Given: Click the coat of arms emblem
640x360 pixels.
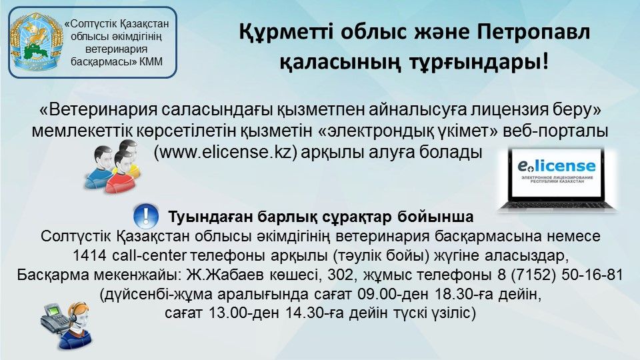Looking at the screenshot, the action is [37, 42].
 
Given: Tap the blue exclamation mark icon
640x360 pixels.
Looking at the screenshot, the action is [146, 216].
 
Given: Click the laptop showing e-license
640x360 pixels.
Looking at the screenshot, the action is [557, 179].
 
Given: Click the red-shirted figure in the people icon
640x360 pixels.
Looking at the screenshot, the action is [123, 172].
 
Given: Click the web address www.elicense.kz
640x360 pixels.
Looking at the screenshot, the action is [225, 152].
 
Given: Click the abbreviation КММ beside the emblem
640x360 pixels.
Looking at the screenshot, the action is [151, 61].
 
